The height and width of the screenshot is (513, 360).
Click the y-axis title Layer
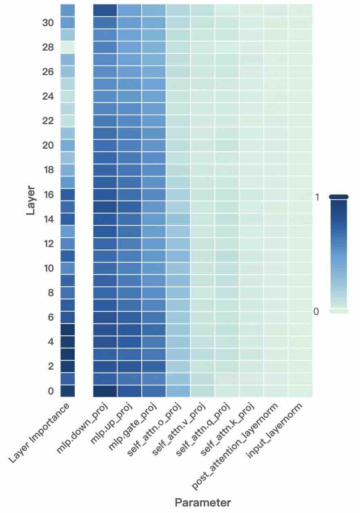pyautogui.click(x=31, y=201)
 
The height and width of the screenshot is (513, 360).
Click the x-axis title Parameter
pyautogui.click(x=203, y=502)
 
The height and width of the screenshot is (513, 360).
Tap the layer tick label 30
pyautogui.click(x=48, y=23)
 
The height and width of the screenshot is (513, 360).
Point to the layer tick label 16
pyautogui.click(x=48, y=195)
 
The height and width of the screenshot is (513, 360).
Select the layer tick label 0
pyautogui.click(x=51, y=391)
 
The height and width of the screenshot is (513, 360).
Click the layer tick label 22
pyautogui.click(x=48, y=121)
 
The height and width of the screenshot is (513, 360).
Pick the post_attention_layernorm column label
pyautogui.click(x=235, y=445)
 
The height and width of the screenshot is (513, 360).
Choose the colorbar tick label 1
pyautogui.click(x=317, y=197)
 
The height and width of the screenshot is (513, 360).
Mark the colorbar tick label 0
pyautogui.click(x=316, y=312)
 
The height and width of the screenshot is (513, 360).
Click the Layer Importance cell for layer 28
pyautogui.click(x=68, y=47)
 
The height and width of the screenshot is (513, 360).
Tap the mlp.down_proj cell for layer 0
pyautogui.click(x=105, y=391)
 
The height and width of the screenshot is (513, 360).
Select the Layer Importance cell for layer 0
pyautogui.click(x=68, y=391)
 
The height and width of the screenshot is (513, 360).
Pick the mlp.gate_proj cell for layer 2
pyautogui.click(x=154, y=366)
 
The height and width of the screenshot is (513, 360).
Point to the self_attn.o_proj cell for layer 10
pyautogui.click(x=178, y=268)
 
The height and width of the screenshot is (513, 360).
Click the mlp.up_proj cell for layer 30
pyautogui.click(x=129, y=23)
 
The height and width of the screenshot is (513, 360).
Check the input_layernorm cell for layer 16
pyautogui.click(x=300, y=195)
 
